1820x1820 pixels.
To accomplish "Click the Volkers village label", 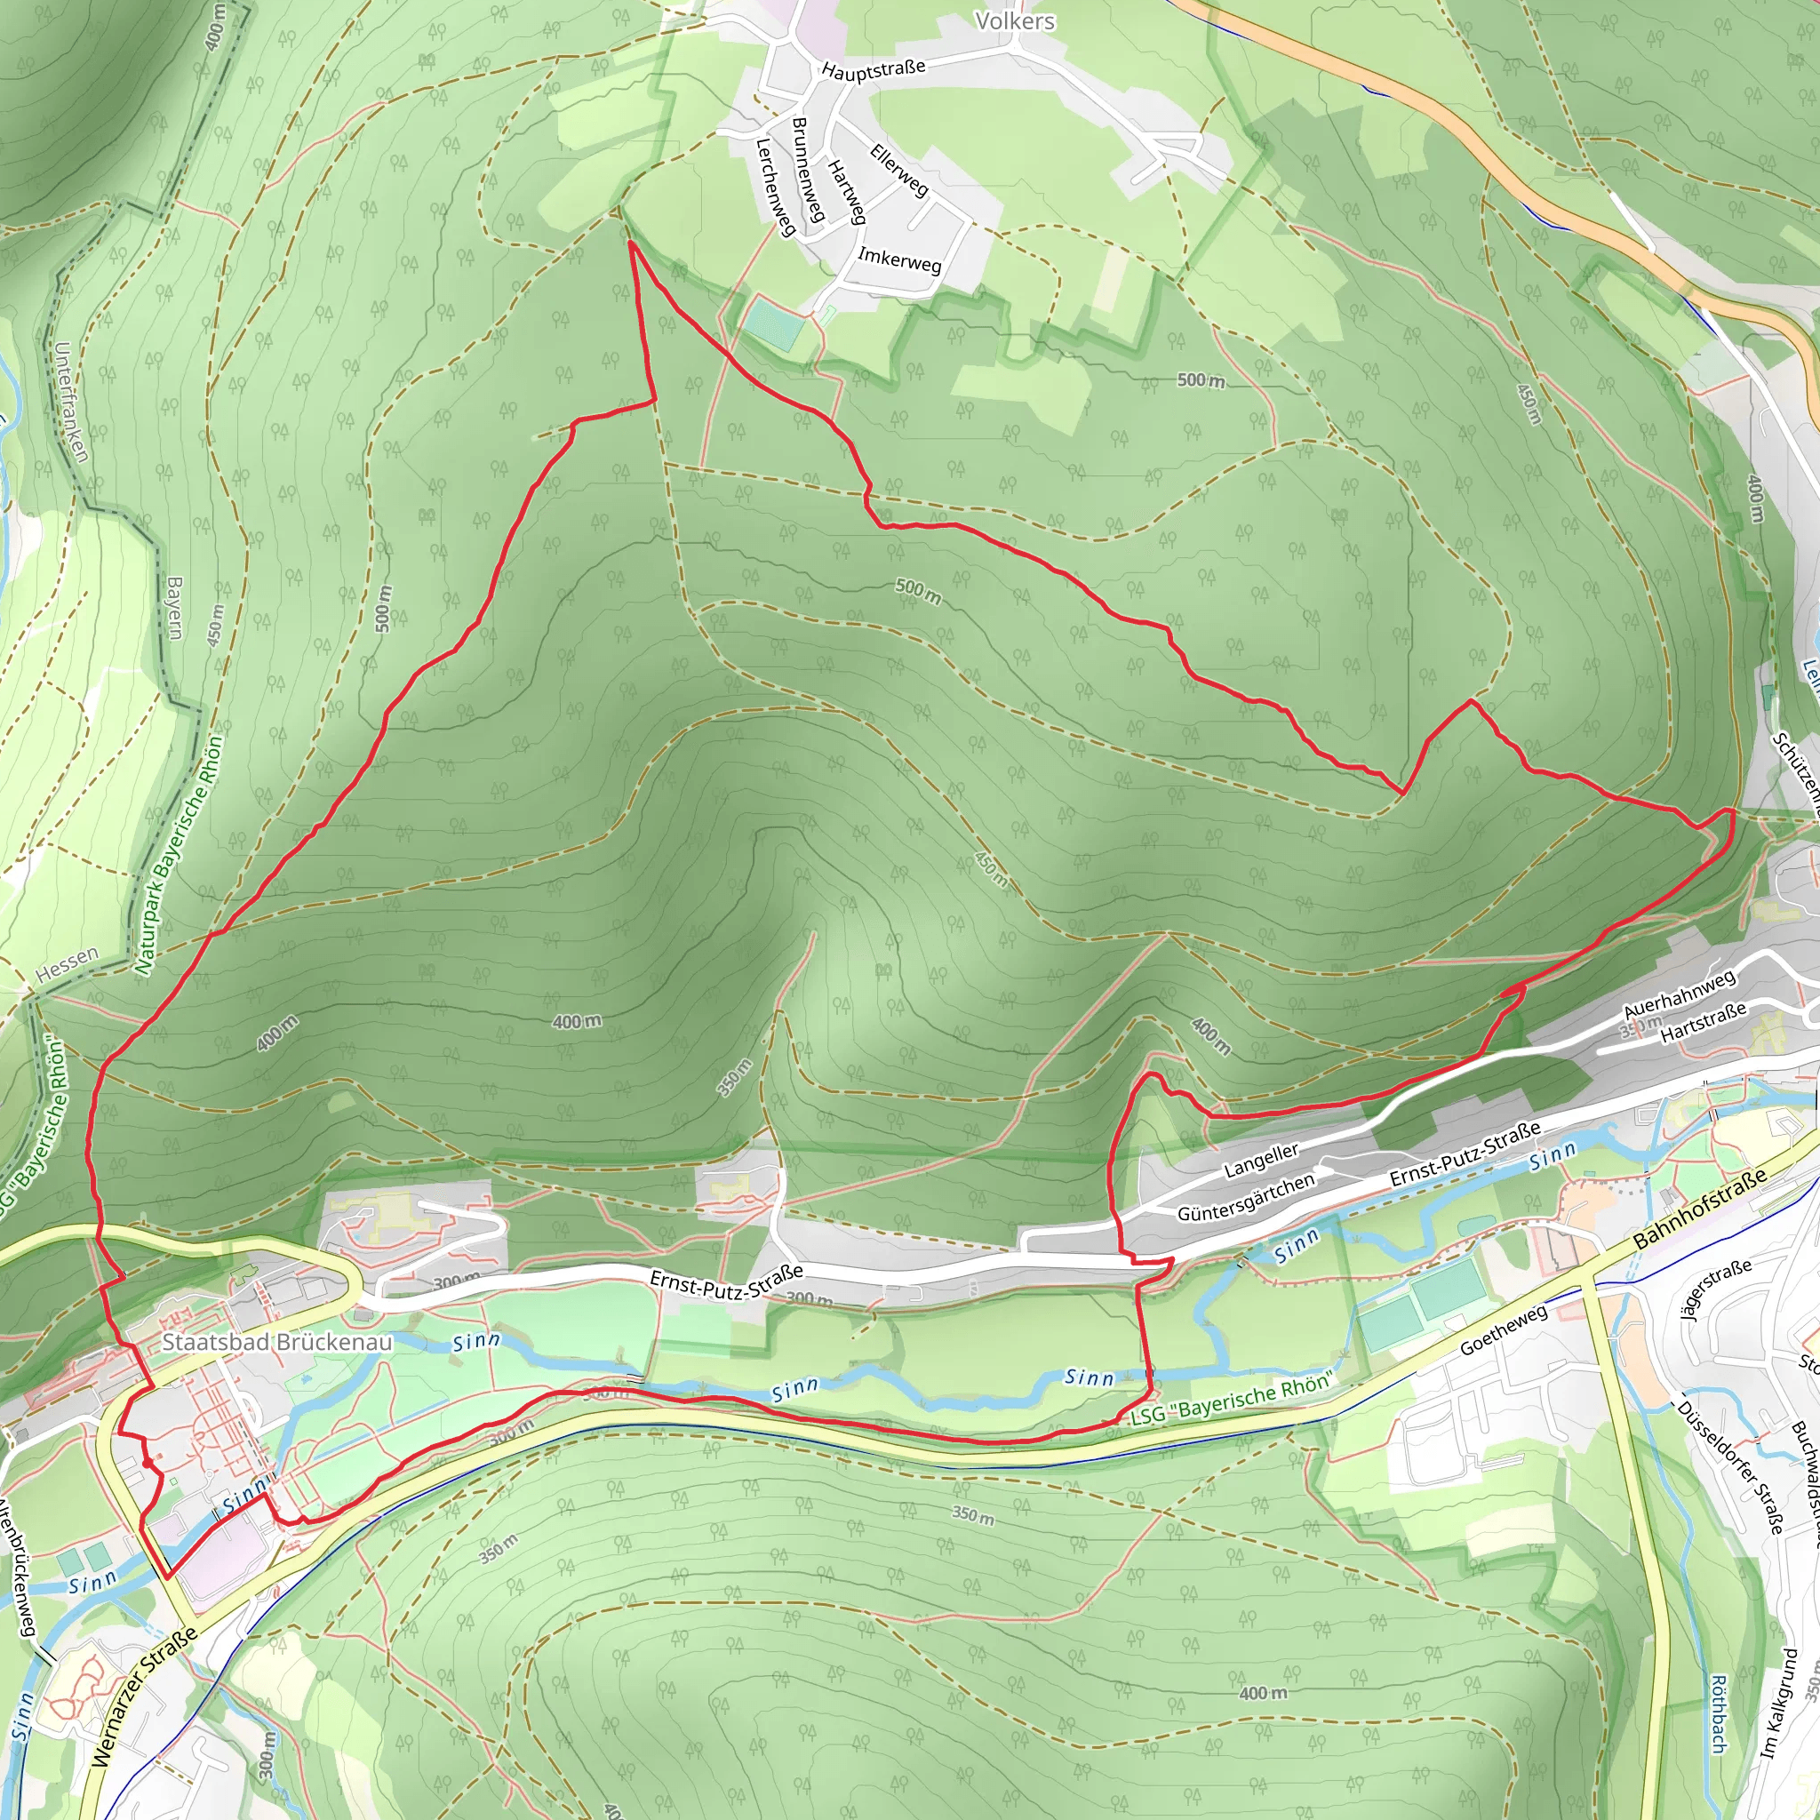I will pyautogui.click(x=1015, y=20).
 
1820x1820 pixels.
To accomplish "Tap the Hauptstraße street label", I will pyautogui.click(x=874, y=69).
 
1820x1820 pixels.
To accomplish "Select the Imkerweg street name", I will pyautogui.click(x=898, y=260).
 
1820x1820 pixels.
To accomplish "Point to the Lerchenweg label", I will pyautogui.click(x=775, y=188).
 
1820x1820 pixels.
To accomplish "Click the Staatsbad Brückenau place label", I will pyautogui.click(x=277, y=1343).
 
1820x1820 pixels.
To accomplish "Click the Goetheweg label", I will pyautogui.click(x=1504, y=1330).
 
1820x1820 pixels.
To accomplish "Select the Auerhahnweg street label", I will pyautogui.click(x=1679, y=994).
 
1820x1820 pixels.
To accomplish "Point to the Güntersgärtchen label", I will pyautogui.click(x=1245, y=1197).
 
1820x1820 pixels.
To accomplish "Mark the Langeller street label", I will pyautogui.click(x=1261, y=1161).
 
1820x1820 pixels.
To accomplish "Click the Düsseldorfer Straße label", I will pyautogui.click(x=1729, y=1468).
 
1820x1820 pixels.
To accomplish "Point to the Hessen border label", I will pyautogui.click(x=67, y=964).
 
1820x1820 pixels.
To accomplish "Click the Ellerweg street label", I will pyautogui.click(x=898, y=171).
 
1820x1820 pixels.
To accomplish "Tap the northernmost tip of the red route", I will pyautogui.click(x=629, y=243).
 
